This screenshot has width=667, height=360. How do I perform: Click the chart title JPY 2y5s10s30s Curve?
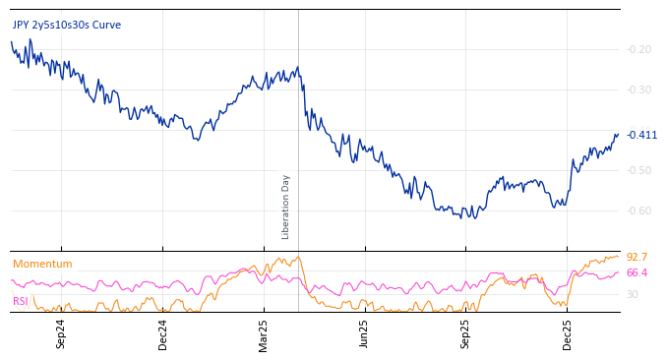(67, 25)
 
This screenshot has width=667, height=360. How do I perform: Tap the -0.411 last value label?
(642, 135)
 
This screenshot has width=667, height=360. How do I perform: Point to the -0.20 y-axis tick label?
(639, 49)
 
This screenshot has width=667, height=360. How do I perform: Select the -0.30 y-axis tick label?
(639, 90)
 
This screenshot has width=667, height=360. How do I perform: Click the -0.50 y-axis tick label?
(639, 170)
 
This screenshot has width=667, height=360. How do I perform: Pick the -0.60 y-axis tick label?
(639, 210)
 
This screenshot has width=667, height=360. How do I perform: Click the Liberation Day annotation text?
(286, 207)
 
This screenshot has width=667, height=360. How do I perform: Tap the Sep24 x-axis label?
(61, 333)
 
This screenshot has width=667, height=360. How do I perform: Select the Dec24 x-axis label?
(163, 333)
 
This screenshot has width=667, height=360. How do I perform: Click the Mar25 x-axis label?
(264, 333)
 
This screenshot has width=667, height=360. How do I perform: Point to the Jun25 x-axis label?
(364, 333)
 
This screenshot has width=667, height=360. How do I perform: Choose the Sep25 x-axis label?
(465, 333)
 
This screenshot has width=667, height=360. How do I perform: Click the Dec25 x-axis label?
(568, 333)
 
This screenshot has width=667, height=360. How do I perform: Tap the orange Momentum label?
(42, 264)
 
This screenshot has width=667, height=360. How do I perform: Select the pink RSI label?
(21, 301)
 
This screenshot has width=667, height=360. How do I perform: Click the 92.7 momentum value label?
(637, 257)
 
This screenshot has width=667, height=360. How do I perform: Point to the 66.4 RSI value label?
(637, 272)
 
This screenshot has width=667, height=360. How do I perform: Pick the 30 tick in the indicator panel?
(633, 294)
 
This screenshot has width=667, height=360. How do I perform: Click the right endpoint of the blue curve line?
(618, 135)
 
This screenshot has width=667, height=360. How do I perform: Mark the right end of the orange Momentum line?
(619, 256)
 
